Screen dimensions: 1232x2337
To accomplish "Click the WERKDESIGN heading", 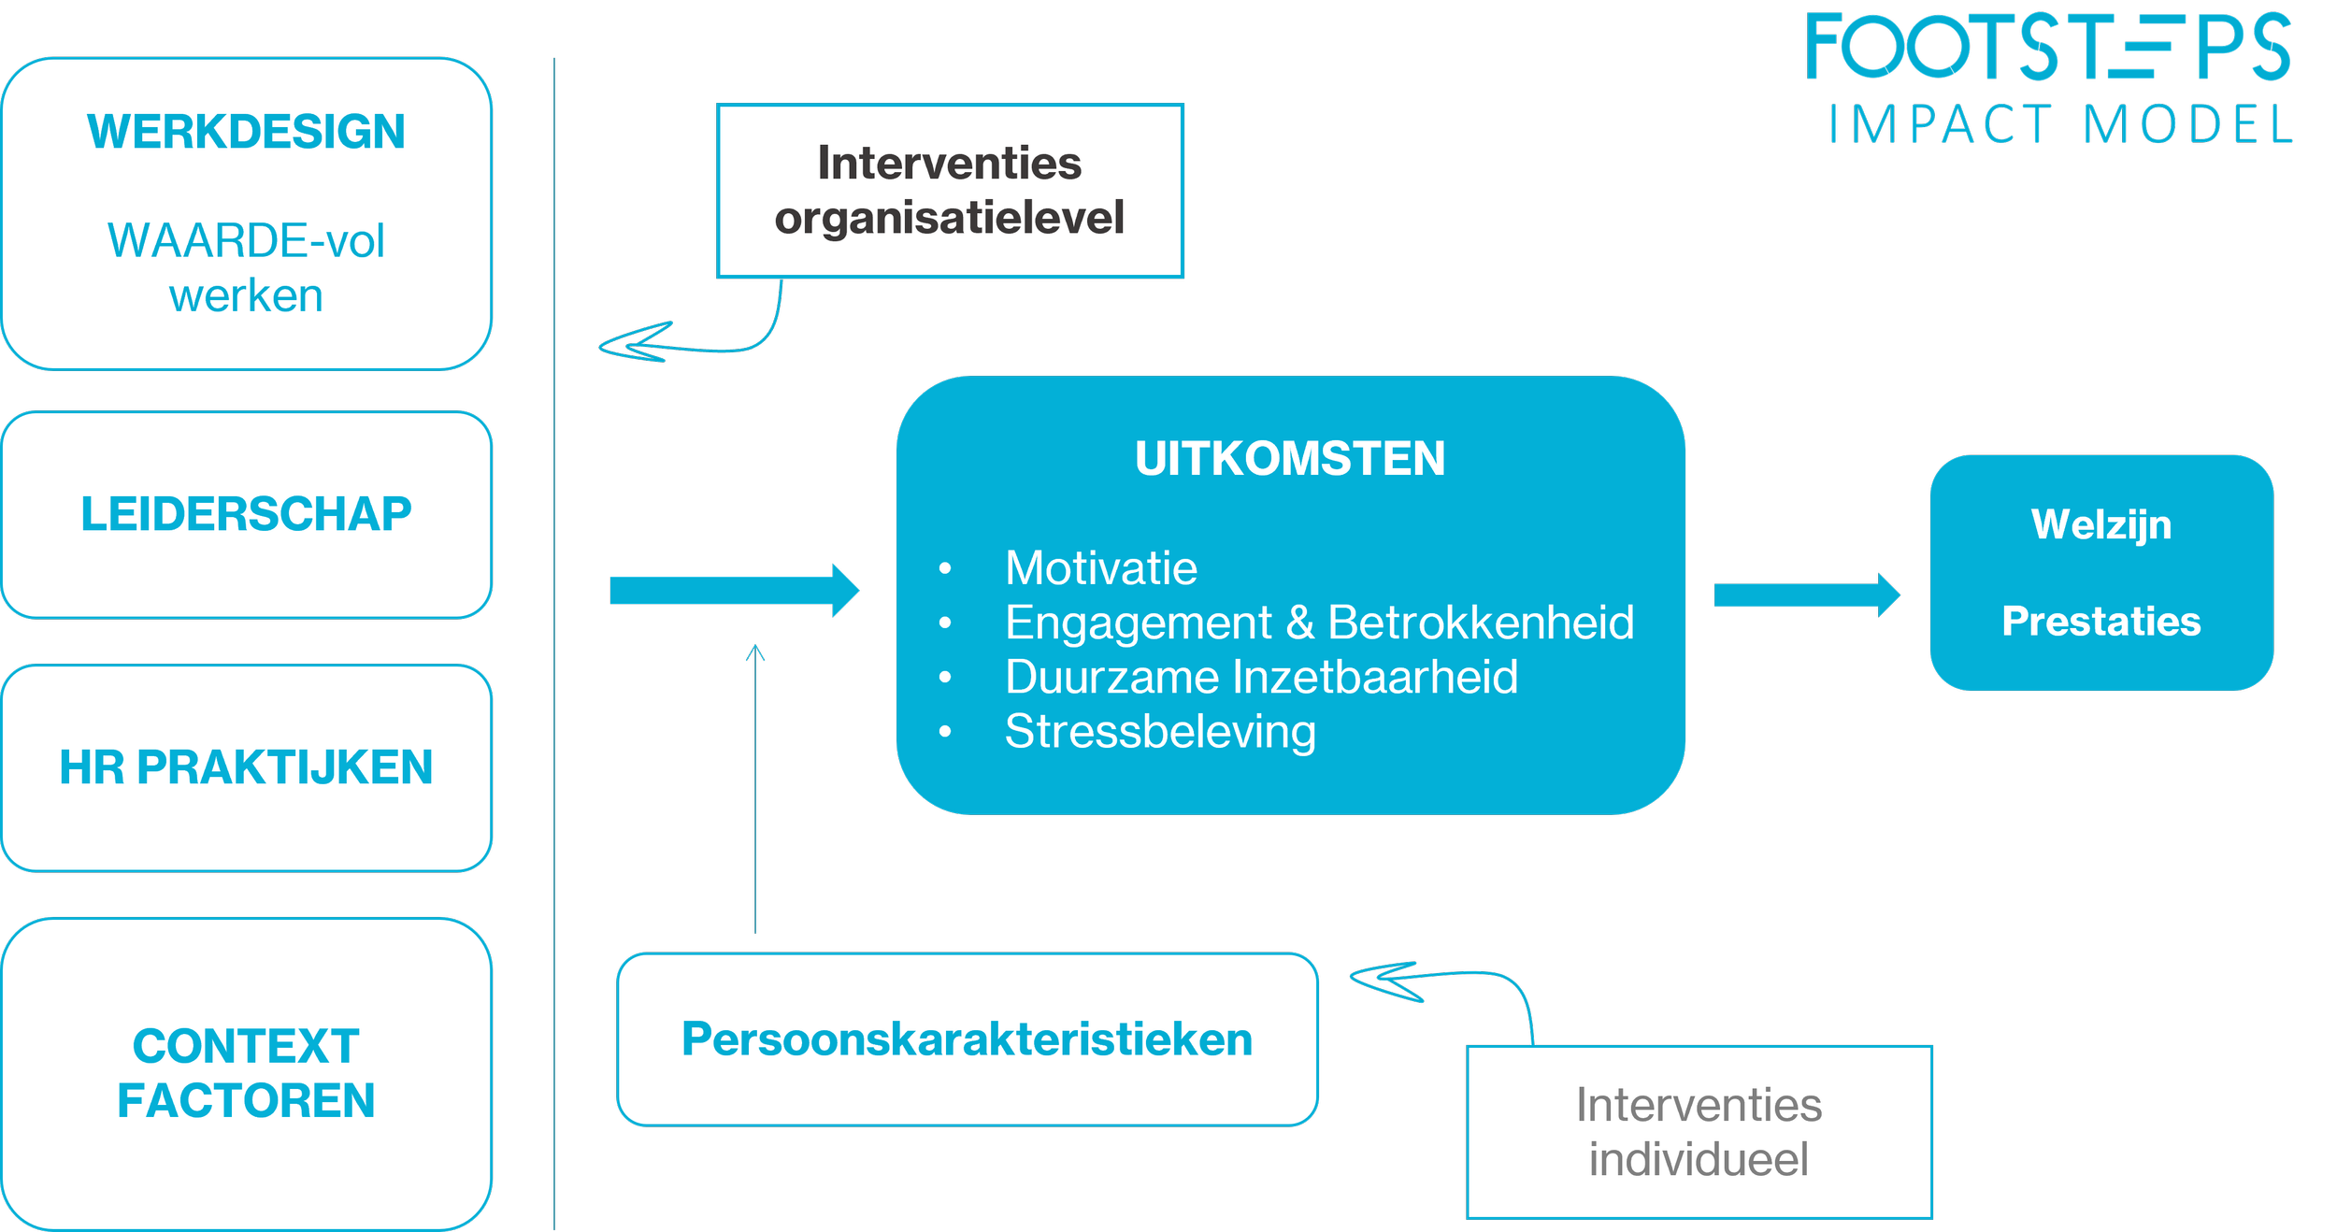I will tap(246, 131).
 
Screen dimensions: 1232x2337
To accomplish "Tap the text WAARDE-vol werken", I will tap(246, 268).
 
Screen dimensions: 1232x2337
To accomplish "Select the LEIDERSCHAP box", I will tap(246, 514).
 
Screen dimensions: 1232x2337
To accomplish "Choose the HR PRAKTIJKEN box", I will tap(246, 767).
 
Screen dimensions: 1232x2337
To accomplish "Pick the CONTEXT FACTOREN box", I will tap(246, 1073).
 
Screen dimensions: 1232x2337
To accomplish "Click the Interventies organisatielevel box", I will tap(950, 191).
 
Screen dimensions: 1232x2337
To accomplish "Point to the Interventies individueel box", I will tap(1699, 1132).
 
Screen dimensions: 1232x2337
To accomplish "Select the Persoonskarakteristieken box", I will tap(967, 1039).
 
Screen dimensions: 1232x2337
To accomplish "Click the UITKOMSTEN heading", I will tap(1290, 458).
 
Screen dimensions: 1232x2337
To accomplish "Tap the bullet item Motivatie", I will tap(1101, 568).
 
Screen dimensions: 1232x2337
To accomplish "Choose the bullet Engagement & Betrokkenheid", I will tap(1319, 623).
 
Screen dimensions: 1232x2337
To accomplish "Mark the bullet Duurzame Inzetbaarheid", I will tap(1261, 677).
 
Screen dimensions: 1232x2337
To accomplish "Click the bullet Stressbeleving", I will tap(1160, 731).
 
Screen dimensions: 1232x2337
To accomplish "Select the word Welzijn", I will tap(2101, 524).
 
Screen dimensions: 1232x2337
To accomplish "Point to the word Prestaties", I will tap(2101, 622).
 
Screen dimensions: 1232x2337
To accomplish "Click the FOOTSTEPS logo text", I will tap(2048, 47).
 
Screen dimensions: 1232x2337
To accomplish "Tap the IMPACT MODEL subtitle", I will tap(2060, 125).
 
